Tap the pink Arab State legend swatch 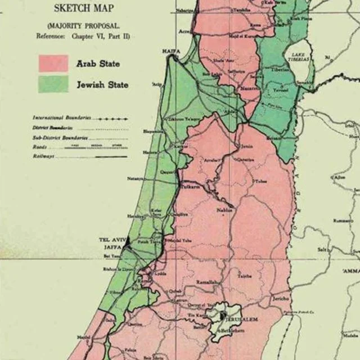click(x=53, y=63)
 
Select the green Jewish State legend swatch click(x=53, y=84)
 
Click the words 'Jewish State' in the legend click(x=102, y=85)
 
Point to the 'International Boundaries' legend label click(x=61, y=118)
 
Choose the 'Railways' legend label click(x=43, y=156)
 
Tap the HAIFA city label click(x=171, y=51)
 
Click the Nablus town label click(x=224, y=210)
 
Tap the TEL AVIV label click(x=111, y=240)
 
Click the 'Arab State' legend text click(x=98, y=64)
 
